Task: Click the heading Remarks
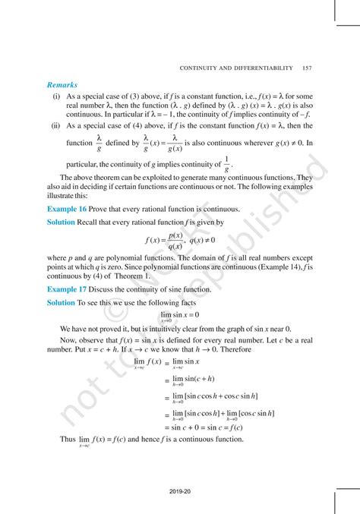[x=62, y=85]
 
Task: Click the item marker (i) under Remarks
[x=57, y=98]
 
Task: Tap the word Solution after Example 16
[x=61, y=222]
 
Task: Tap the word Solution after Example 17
[x=61, y=302]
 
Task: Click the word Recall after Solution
[x=90, y=222]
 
